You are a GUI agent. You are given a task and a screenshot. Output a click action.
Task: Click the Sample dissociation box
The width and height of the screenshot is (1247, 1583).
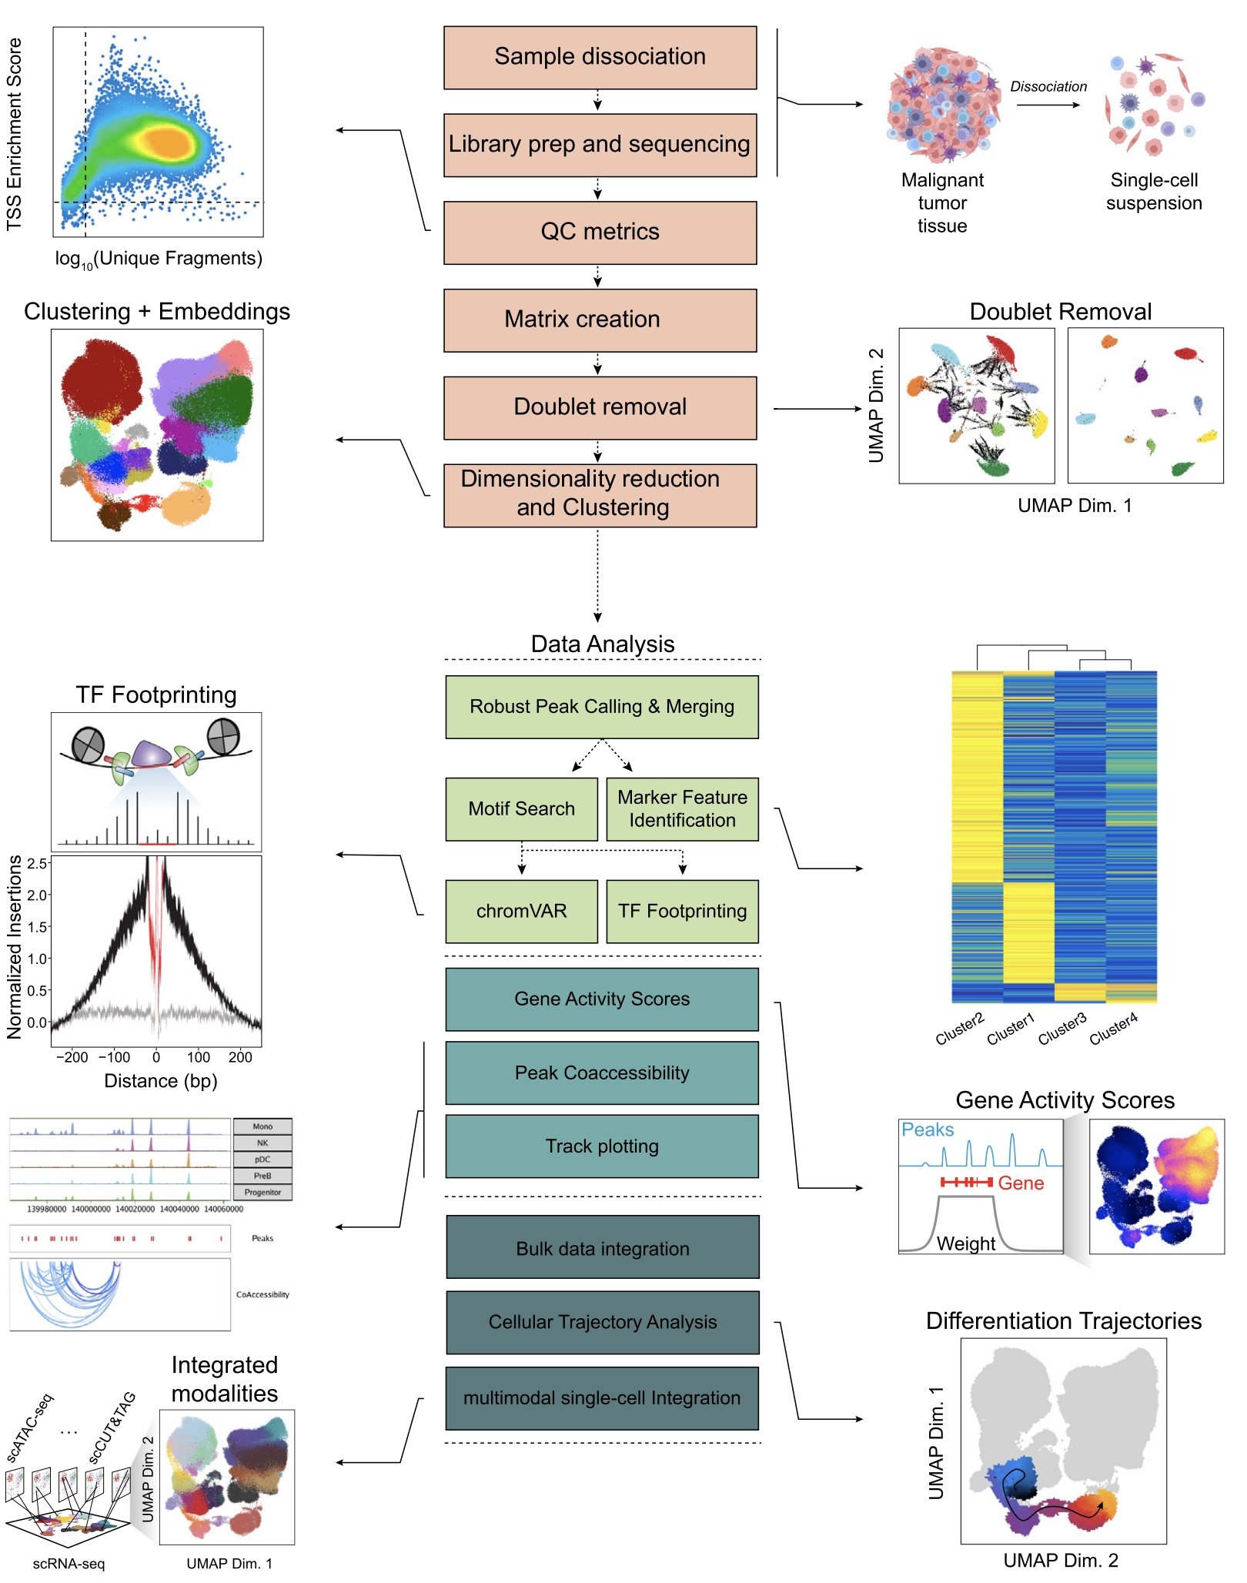point(600,58)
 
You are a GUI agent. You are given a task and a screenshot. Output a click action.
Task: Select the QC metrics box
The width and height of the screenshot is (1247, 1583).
point(600,233)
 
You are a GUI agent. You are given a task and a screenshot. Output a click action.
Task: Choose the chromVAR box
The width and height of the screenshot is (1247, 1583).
point(521,912)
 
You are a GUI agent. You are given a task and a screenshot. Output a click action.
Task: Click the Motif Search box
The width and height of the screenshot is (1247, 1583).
point(521,809)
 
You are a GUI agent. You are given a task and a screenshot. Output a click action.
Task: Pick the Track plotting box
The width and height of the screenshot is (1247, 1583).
point(601,1146)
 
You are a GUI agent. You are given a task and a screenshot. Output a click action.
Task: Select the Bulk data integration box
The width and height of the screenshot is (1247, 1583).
point(602,1248)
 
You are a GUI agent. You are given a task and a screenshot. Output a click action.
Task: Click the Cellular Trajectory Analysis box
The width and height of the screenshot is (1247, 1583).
point(602,1323)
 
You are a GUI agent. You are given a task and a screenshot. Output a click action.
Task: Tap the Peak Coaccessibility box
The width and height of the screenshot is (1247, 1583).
point(601,1073)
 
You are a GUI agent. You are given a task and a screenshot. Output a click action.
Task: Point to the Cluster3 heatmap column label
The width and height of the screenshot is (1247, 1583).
point(1062,1029)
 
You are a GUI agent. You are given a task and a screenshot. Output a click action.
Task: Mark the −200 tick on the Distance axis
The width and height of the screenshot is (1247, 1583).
point(72,1057)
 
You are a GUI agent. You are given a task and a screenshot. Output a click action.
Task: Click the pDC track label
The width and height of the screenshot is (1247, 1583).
point(262,1160)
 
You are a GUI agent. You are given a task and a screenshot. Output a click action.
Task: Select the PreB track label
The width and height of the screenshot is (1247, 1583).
point(262,1176)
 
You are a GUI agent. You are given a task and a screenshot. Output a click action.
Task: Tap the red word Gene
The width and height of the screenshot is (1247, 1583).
point(1021,1183)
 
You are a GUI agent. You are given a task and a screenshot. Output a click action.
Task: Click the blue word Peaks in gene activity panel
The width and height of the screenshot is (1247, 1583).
point(928,1130)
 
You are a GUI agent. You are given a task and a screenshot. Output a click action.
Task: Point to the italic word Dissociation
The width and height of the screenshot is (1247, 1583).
point(1048,87)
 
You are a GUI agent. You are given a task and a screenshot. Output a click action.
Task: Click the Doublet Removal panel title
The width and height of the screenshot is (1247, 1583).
point(1060,312)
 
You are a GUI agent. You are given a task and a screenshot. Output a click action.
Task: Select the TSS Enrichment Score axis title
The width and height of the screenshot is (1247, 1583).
point(15,134)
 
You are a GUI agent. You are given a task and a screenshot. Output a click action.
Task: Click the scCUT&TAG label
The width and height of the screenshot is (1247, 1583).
point(112,1427)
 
